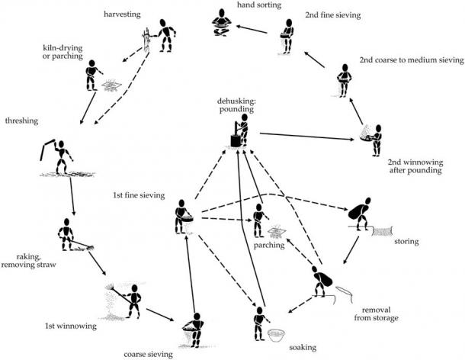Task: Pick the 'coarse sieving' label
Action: point(149,353)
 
